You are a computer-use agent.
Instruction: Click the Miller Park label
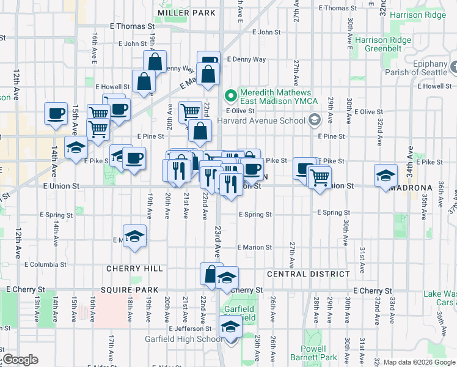coord(186,12)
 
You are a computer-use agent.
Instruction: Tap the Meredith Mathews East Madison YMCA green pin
coord(231,95)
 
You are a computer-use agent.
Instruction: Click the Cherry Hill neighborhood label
coord(134,269)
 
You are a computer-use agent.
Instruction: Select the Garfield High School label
coord(183,339)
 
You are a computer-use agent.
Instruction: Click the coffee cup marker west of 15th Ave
coord(56,113)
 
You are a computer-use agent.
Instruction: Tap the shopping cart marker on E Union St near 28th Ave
coord(320,177)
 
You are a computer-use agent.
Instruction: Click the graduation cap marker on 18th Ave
coord(134,237)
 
